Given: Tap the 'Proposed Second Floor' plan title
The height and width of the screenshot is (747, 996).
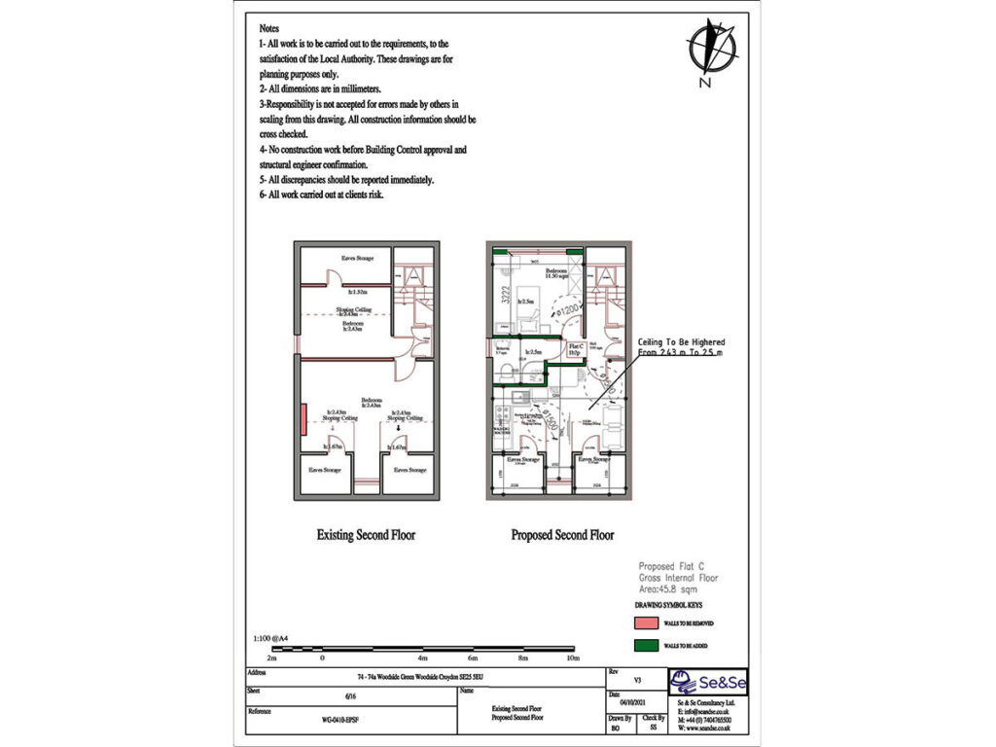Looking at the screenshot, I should [562, 535].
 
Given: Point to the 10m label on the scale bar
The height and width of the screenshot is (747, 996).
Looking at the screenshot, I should [574, 658].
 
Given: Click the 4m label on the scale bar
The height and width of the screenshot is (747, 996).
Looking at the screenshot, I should [423, 658].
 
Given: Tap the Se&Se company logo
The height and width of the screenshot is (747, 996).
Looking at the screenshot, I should [708, 683].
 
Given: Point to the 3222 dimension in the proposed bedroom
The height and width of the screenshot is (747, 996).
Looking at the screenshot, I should [504, 296].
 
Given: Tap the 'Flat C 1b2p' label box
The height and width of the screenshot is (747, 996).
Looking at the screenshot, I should [575, 348].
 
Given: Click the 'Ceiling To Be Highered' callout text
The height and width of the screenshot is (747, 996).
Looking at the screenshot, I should [681, 342].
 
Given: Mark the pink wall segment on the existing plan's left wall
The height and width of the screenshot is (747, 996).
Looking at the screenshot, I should [304, 419].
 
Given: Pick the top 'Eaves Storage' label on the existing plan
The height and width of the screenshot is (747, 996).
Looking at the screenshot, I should [358, 258].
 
